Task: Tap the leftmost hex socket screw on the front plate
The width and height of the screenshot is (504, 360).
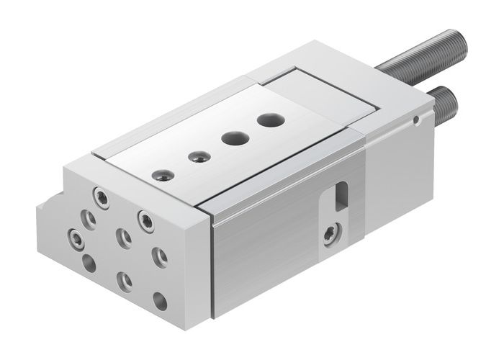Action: coord(75,235)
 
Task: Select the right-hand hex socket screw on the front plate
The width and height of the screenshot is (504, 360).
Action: coord(147,218)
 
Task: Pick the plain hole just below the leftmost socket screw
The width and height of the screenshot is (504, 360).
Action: coord(89,264)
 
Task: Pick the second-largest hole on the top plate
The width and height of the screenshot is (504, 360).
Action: coord(232,138)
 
